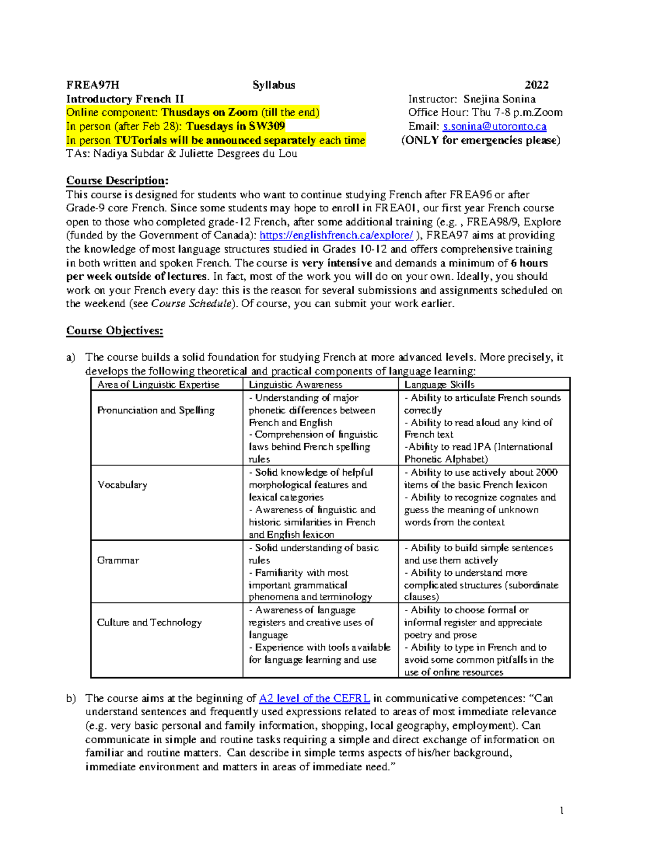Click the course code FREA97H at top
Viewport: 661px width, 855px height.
(x=93, y=85)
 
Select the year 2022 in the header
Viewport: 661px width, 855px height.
(x=536, y=85)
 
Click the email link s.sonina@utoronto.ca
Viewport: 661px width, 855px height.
(x=495, y=127)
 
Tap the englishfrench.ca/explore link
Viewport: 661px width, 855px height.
(x=336, y=236)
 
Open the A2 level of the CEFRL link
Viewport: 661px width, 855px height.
(x=315, y=698)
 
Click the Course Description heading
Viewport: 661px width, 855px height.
(x=117, y=181)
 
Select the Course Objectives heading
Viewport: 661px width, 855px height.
(x=115, y=330)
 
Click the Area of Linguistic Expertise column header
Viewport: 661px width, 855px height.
(x=158, y=384)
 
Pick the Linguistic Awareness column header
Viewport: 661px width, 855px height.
(x=295, y=384)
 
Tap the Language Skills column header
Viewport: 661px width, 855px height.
(x=439, y=384)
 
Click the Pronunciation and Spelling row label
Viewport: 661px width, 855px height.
(x=156, y=410)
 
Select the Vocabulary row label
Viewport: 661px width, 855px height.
(x=122, y=485)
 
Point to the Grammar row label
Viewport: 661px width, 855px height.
(x=118, y=560)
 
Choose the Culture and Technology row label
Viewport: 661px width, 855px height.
(x=149, y=622)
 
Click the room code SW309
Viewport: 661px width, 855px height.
(x=267, y=126)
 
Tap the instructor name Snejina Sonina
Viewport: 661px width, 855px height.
(x=499, y=99)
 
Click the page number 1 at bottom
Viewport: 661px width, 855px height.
(x=561, y=810)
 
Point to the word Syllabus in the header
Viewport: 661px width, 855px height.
(x=274, y=85)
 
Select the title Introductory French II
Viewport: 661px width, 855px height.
(x=125, y=99)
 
